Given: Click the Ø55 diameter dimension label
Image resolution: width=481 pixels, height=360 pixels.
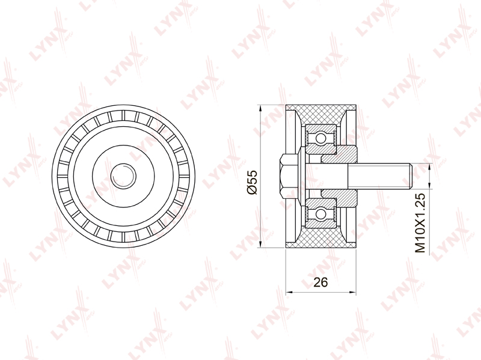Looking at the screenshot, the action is (x=253, y=182).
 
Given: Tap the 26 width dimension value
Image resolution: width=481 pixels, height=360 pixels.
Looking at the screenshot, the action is (x=320, y=282).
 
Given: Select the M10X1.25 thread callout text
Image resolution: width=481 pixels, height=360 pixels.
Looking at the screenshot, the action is (x=420, y=223).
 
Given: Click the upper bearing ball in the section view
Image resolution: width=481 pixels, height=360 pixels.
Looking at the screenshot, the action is (x=321, y=138).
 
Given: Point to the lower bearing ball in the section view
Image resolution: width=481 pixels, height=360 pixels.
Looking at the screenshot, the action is (x=321, y=213).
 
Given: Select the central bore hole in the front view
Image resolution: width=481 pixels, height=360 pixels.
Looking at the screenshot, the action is (x=123, y=175).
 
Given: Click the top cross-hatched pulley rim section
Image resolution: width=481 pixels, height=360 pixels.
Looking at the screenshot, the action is (x=321, y=115).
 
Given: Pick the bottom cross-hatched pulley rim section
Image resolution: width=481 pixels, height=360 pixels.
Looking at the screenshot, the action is (x=321, y=237).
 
